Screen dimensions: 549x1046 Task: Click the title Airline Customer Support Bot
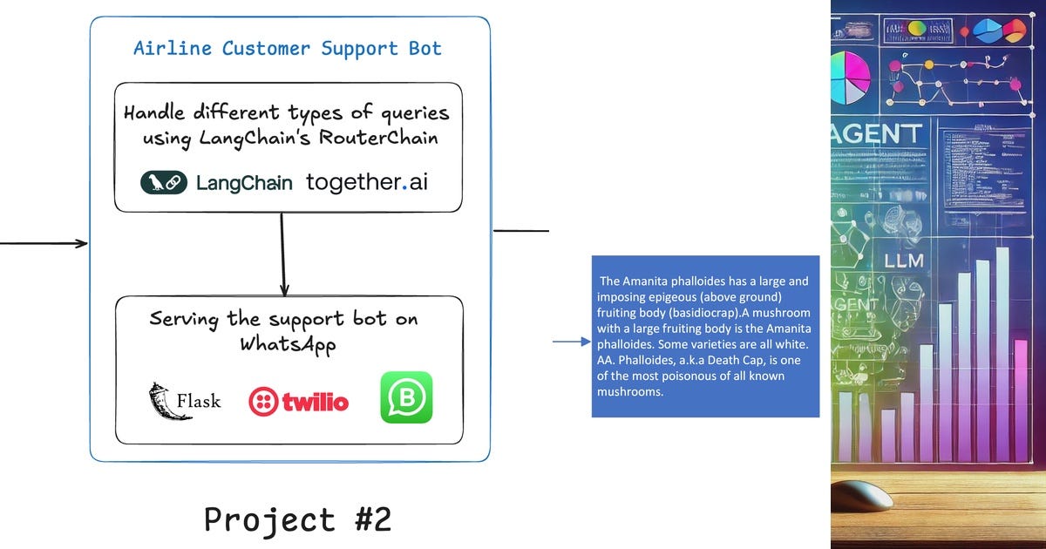point(288,48)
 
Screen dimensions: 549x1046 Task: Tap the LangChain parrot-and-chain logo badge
point(164,182)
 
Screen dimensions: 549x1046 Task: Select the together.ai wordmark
point(367,182)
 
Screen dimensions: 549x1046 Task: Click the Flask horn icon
point(160,400)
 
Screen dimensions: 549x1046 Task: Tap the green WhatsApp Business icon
point(406,397)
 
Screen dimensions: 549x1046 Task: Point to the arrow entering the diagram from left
point(44,243)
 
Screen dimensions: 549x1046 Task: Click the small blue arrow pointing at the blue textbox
point(572,342)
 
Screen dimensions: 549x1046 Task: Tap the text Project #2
point(298,519)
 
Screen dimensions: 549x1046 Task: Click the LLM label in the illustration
point(903,261)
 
